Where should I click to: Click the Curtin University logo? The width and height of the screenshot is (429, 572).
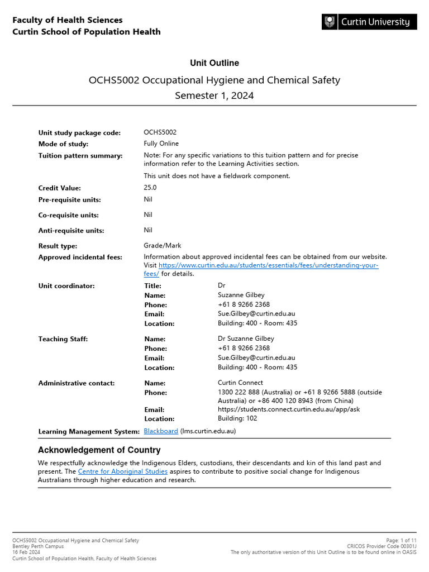[369, 22]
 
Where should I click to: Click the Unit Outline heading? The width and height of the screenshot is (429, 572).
[214, 63]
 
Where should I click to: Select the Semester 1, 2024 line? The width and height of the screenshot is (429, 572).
[214, 96]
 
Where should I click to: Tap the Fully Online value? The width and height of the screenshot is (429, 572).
[161, 144]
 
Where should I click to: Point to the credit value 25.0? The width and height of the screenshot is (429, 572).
[150, 188]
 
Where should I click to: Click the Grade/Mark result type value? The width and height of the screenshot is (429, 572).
[163, 245]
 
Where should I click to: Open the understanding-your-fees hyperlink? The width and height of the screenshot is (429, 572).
[268, 265]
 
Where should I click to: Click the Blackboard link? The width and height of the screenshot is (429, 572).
[161, 431]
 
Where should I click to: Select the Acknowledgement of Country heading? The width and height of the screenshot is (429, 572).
[99, 450]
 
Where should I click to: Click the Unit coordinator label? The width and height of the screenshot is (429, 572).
[66, 286]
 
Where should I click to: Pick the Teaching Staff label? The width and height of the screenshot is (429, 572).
[63, 339]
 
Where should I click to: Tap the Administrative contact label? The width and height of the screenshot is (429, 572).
[77, 383]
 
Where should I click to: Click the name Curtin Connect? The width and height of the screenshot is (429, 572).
[240, 383]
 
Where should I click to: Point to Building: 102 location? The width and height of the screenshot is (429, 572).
[237, 418]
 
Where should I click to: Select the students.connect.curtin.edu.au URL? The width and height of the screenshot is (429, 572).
[273, 409]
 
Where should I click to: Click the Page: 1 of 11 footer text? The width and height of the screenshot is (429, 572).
[401, 541]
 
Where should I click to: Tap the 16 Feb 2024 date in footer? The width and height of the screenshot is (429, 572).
[27, 552]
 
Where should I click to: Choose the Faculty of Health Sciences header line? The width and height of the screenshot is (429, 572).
[68, 20]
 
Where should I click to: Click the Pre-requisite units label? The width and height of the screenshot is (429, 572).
[70, 199]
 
